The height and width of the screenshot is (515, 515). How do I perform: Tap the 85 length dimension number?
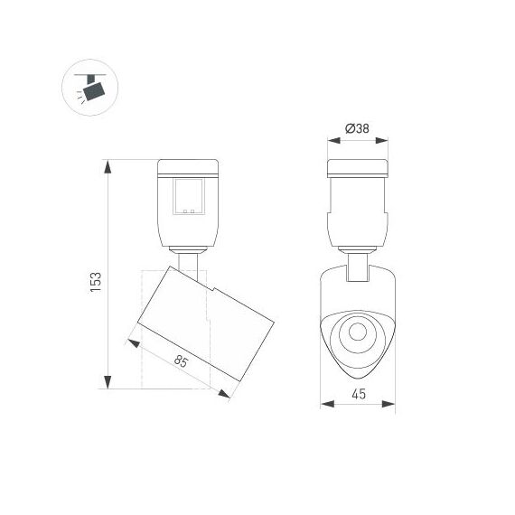[x=181, y=362]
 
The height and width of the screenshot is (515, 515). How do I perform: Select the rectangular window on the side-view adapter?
[x=189, y=197]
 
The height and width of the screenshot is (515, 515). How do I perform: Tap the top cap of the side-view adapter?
[x=188, y=167]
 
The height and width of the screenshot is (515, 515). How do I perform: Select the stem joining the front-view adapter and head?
[x=357, y=265]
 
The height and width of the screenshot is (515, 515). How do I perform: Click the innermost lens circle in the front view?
[x=357, y=332]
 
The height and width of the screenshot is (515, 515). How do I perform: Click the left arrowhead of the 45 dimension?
[x=323, y=404]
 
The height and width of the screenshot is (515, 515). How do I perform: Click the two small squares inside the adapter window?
[x=189, y=212]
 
